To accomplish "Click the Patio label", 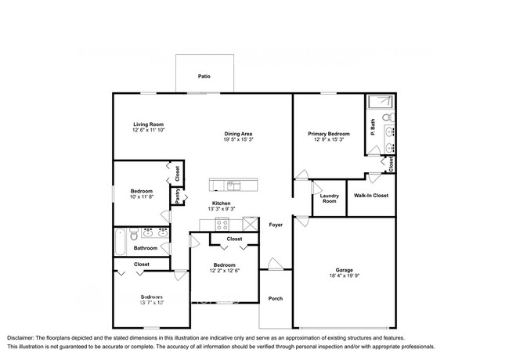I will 204,77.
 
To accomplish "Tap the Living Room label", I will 147,124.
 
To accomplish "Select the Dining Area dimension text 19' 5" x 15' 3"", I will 238,140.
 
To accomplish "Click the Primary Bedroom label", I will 328,134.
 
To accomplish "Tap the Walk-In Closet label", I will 371,196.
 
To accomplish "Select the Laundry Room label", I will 328,199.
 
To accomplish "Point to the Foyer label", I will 276,225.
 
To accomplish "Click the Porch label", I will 275,298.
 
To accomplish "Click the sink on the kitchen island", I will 233,185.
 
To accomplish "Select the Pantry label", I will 178,196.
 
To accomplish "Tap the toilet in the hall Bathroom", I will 135,234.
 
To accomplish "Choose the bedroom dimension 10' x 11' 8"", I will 142,197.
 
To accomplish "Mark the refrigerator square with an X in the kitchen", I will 251,225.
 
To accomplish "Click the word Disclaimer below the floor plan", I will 24,337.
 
